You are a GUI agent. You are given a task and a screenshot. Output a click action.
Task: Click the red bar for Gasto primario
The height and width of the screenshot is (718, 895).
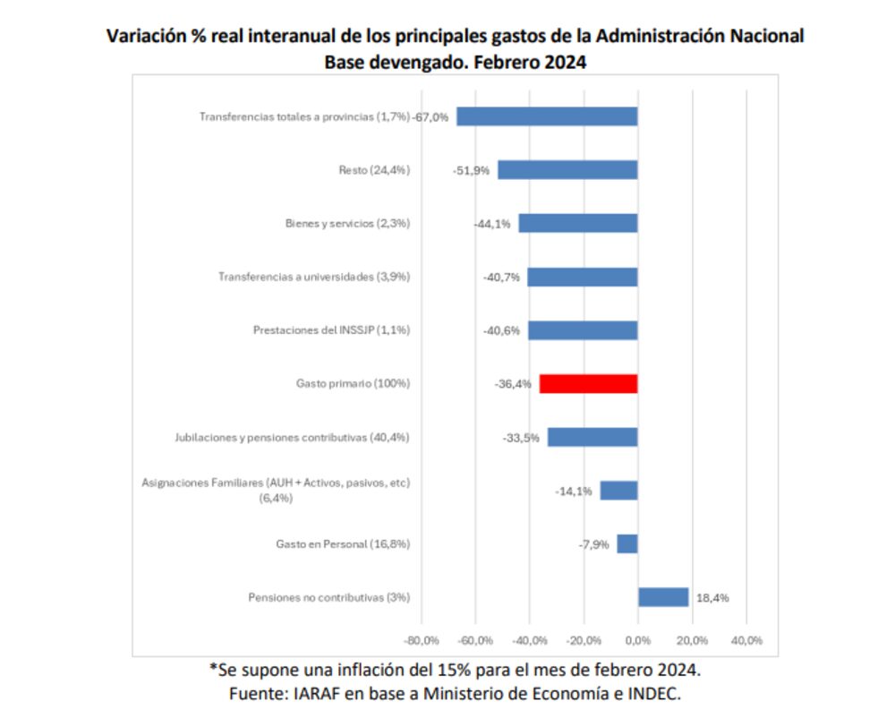point(588,383)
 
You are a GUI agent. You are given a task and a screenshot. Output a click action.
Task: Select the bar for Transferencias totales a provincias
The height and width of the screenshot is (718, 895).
point(547,116)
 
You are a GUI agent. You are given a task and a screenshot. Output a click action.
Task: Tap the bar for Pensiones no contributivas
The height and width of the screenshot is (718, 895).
point(663,597)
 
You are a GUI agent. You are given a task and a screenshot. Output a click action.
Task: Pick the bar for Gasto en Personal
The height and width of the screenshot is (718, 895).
point(627,543)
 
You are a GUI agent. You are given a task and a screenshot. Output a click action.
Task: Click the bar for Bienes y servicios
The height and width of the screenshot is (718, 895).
point(578,223)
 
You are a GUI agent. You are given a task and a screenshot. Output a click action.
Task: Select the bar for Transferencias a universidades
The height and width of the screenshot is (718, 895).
point(583,277)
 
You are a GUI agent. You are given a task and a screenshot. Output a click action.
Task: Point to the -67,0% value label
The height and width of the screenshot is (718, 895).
point(430,116)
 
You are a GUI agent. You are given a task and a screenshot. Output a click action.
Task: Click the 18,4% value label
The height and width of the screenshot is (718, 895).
point(712,597)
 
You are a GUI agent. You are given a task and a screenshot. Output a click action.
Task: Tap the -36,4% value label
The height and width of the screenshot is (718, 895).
point(513,384)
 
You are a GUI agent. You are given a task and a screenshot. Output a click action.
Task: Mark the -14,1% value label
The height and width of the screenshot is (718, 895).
point(573,491)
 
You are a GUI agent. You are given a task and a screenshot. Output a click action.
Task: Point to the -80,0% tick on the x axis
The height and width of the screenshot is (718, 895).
point(421,640)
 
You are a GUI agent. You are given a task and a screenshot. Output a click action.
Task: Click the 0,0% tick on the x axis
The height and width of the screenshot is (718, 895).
point(638,640)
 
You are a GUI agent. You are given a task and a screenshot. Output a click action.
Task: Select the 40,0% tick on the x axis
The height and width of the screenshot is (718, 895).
point(746,640)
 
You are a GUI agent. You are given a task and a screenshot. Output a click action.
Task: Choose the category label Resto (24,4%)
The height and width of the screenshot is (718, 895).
point(374,170)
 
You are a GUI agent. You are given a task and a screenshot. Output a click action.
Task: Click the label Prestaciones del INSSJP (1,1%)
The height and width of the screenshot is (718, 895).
point(331,330)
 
